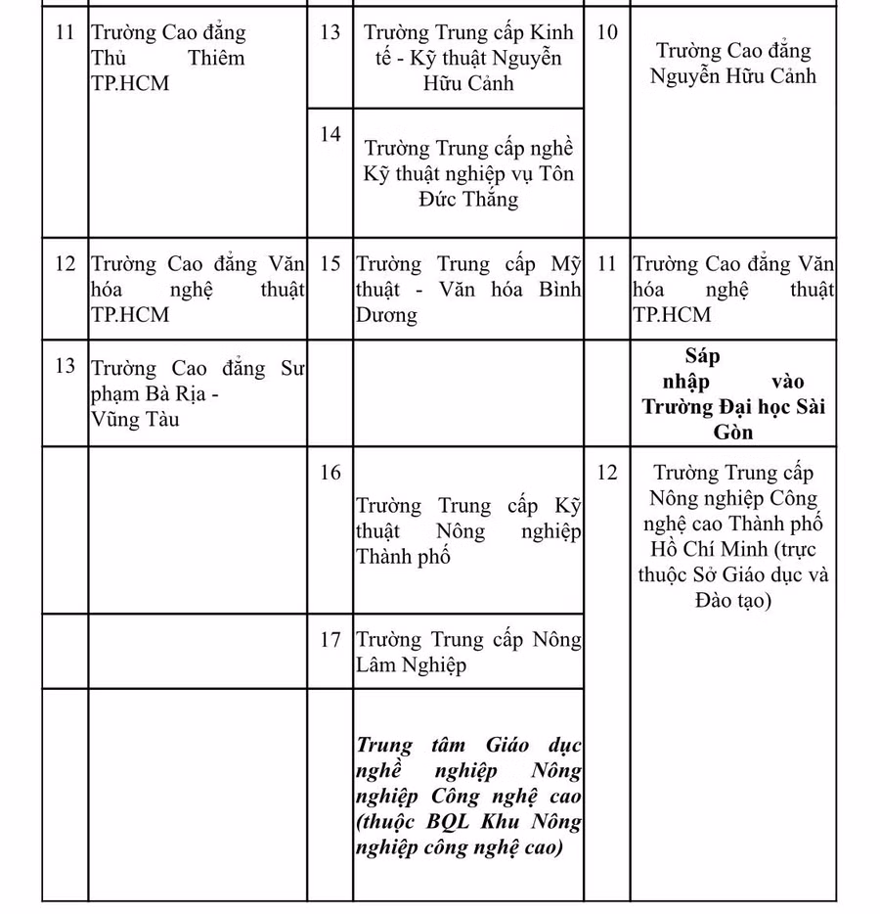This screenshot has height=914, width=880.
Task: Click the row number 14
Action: pos(330,134)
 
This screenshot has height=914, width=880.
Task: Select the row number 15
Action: pos(330,264)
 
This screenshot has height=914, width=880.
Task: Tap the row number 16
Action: pos(330,473)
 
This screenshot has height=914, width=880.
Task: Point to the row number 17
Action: pos(330,640)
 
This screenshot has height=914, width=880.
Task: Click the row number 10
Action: pos(607,32)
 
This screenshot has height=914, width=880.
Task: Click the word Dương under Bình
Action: pos(386,315)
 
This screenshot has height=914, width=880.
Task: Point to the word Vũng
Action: pos(114,420)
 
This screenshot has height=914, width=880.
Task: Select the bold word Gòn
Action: pos(733,432)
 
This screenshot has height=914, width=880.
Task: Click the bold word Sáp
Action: pos(703,356)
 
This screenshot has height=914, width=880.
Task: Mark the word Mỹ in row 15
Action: pos(565,264)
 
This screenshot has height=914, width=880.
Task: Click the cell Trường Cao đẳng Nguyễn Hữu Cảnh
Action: pos(733,64)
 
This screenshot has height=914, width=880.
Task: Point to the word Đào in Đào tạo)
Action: pos(721,600)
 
